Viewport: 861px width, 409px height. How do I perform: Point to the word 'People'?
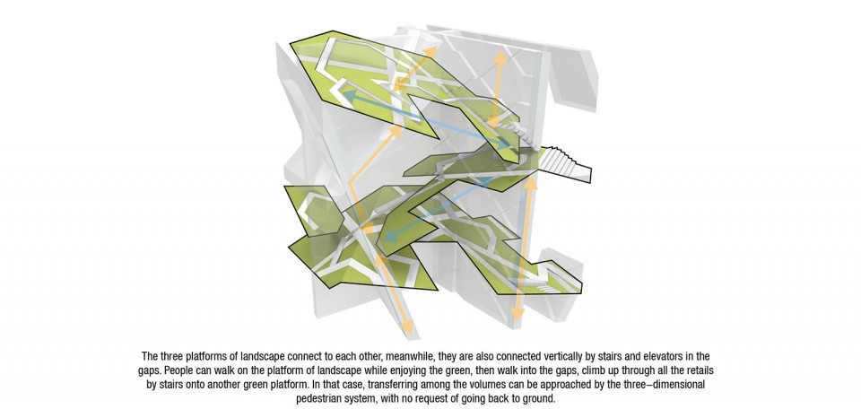click(x=178, y=370)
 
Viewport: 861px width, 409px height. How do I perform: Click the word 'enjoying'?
click(x=378, y=371)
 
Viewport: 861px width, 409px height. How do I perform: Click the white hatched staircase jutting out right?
click(x=563, y=163)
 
